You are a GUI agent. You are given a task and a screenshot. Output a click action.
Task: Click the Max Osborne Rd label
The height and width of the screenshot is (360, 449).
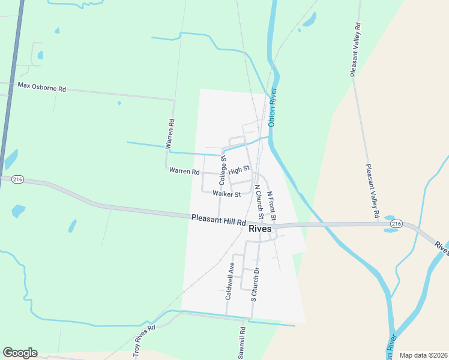(x=41, y=88)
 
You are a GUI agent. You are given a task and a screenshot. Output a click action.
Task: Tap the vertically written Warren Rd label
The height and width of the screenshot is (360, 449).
(x=171, y=134)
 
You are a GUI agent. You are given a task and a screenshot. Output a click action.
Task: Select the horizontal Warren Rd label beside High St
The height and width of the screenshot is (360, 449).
(x=184, y=172)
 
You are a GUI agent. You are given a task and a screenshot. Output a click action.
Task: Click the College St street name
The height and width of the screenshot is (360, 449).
(x=223, y=169)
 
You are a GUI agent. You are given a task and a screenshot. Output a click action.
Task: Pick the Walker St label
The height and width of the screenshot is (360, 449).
(x=226, y=194)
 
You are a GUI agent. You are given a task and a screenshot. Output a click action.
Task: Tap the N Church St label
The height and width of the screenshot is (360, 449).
(x=259, y=203)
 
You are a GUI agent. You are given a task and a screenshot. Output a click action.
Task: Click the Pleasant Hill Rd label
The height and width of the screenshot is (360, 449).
(x=218, y=220)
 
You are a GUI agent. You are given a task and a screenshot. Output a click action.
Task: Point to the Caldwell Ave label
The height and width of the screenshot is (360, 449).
(x=229, y=281)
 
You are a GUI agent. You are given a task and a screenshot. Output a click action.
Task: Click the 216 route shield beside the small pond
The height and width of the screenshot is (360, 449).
(x=394, y=223)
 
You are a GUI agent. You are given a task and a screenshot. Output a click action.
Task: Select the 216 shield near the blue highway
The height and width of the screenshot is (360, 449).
(x=17, y=179)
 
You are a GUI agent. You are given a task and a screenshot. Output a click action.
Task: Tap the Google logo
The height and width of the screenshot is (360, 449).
(x=20, y=353)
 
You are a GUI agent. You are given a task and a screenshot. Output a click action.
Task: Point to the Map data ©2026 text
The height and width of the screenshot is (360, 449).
(x=423, y=355)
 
